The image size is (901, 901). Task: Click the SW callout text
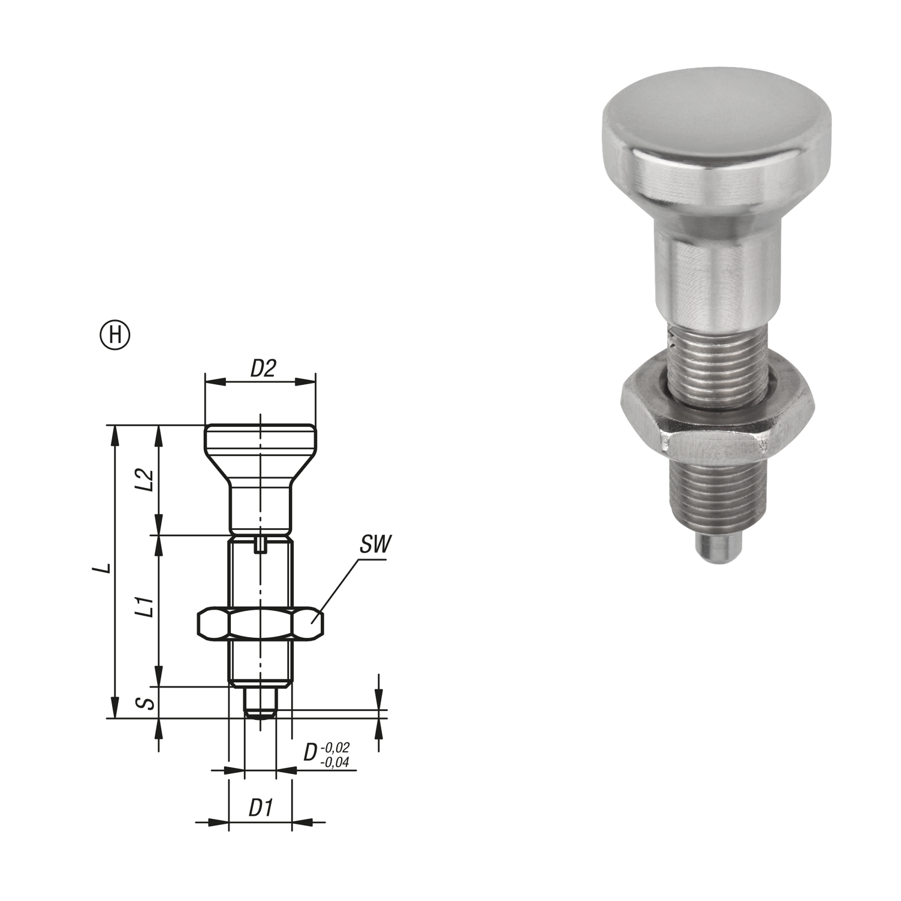(x=375, y=546)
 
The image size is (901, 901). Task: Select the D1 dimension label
(x=260, y=809)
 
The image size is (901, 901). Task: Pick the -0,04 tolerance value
(x=335, y=762)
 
